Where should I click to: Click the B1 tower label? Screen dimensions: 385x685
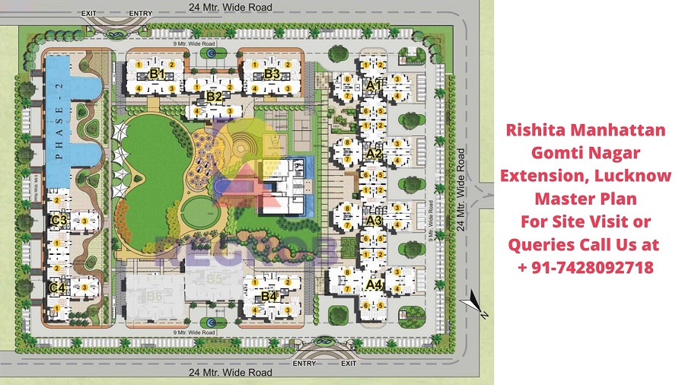point(158,74)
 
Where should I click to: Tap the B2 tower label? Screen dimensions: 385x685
point(214,97)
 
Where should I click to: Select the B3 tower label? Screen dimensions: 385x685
point(272,74)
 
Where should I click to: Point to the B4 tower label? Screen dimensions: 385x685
point(269,296)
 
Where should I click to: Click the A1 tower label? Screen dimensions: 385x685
point(373,87)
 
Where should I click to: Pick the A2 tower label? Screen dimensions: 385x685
point(373,153)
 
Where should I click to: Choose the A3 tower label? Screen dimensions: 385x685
point(373,220)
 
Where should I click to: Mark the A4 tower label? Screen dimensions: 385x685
point(373,285)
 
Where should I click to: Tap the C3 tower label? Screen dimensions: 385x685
point(57,221)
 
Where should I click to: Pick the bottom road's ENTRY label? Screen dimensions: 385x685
point(304,364)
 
